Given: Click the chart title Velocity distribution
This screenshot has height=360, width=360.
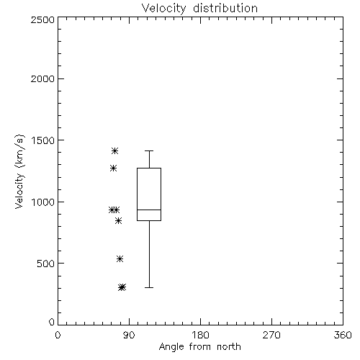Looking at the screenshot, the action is pos(199,8).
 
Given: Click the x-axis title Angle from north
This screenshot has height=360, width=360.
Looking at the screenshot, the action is pos(199,347).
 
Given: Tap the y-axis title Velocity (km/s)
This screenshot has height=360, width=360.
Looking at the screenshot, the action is pos(19,172).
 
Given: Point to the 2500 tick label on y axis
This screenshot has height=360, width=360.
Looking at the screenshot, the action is pos(42,19).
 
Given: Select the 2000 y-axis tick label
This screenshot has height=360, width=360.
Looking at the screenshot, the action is pos(42,78).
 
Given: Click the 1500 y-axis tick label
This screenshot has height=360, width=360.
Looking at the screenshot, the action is pos(43,140).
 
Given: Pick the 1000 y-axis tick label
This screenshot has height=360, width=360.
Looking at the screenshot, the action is pos(43,202).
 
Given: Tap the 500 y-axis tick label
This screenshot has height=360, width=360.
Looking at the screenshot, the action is pos(46,264).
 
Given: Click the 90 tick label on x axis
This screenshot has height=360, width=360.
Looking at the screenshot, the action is pos(129,335).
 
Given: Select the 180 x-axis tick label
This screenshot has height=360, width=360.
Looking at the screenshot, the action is pos(200,335).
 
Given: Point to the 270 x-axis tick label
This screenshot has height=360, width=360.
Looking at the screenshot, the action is pos(271,335).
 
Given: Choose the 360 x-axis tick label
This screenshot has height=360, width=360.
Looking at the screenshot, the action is pos(343,335).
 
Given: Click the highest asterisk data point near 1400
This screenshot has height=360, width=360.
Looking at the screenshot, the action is pos(114,150).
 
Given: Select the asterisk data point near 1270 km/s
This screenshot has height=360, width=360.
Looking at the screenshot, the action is pos(113,168).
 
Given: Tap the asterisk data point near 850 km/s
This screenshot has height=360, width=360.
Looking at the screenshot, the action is pos(118,220).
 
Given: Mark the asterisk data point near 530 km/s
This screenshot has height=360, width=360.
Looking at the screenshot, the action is pos(120,258).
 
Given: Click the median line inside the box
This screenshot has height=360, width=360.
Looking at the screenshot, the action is pos(149,210).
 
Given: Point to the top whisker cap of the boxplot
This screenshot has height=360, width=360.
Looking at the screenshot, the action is pos(149,150).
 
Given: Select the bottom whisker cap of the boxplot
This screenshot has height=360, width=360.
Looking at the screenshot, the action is pos(149,287).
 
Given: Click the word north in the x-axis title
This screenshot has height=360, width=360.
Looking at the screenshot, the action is pos(229,347).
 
